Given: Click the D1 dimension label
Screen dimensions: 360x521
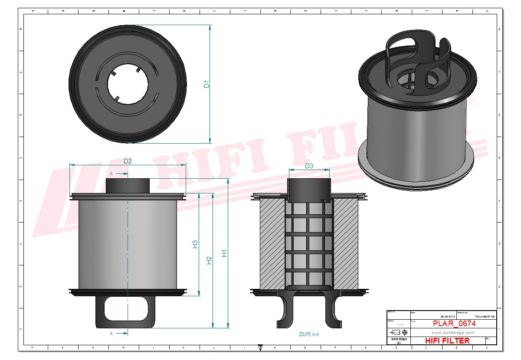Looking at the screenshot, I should pyautogui.click(x=207, y=84).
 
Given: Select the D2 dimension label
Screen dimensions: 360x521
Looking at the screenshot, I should pyautogui.click(x=128, y=161).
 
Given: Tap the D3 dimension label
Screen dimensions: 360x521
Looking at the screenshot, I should pyautogui.click(x=309, y=166).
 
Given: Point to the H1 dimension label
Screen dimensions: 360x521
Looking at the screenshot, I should pyautogui.click(x=224, y=253).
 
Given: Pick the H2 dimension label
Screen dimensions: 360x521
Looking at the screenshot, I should pyautogui.click(x=210, y=260).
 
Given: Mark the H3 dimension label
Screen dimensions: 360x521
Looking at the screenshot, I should pyautogui.click(x=195, y=244).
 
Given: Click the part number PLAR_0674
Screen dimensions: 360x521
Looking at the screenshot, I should pyautogui.click(x=454, y=324).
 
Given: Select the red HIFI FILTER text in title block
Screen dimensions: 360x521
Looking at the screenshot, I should pyautogui.click(x=447, y=340).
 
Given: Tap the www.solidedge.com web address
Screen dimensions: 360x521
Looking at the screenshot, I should pyautogui.click(x=452, y=332).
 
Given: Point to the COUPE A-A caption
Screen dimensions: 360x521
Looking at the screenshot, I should pyautogui.click(x=309, y=334).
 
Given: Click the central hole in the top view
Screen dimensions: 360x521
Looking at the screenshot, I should pyautogui.click(x=128, y=83).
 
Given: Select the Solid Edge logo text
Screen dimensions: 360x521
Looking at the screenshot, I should pyautogui.click(x=398, y=339).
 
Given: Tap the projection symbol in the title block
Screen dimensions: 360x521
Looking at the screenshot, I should pyautogui.click(x=398, y=332).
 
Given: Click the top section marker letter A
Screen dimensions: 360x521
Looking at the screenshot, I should pyautogui.click(x=111, y=173).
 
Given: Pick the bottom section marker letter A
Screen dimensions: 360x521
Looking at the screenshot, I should pyautogui.click(x=111, y=334).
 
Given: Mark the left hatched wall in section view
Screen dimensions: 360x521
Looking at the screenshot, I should pyautogui.click(x=272, y=244).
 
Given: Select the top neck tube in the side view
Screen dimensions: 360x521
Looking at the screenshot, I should pyautogui.click(x=128, y=186).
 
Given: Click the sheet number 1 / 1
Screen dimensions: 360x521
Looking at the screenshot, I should pyautogui.click(x=398, y=324).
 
